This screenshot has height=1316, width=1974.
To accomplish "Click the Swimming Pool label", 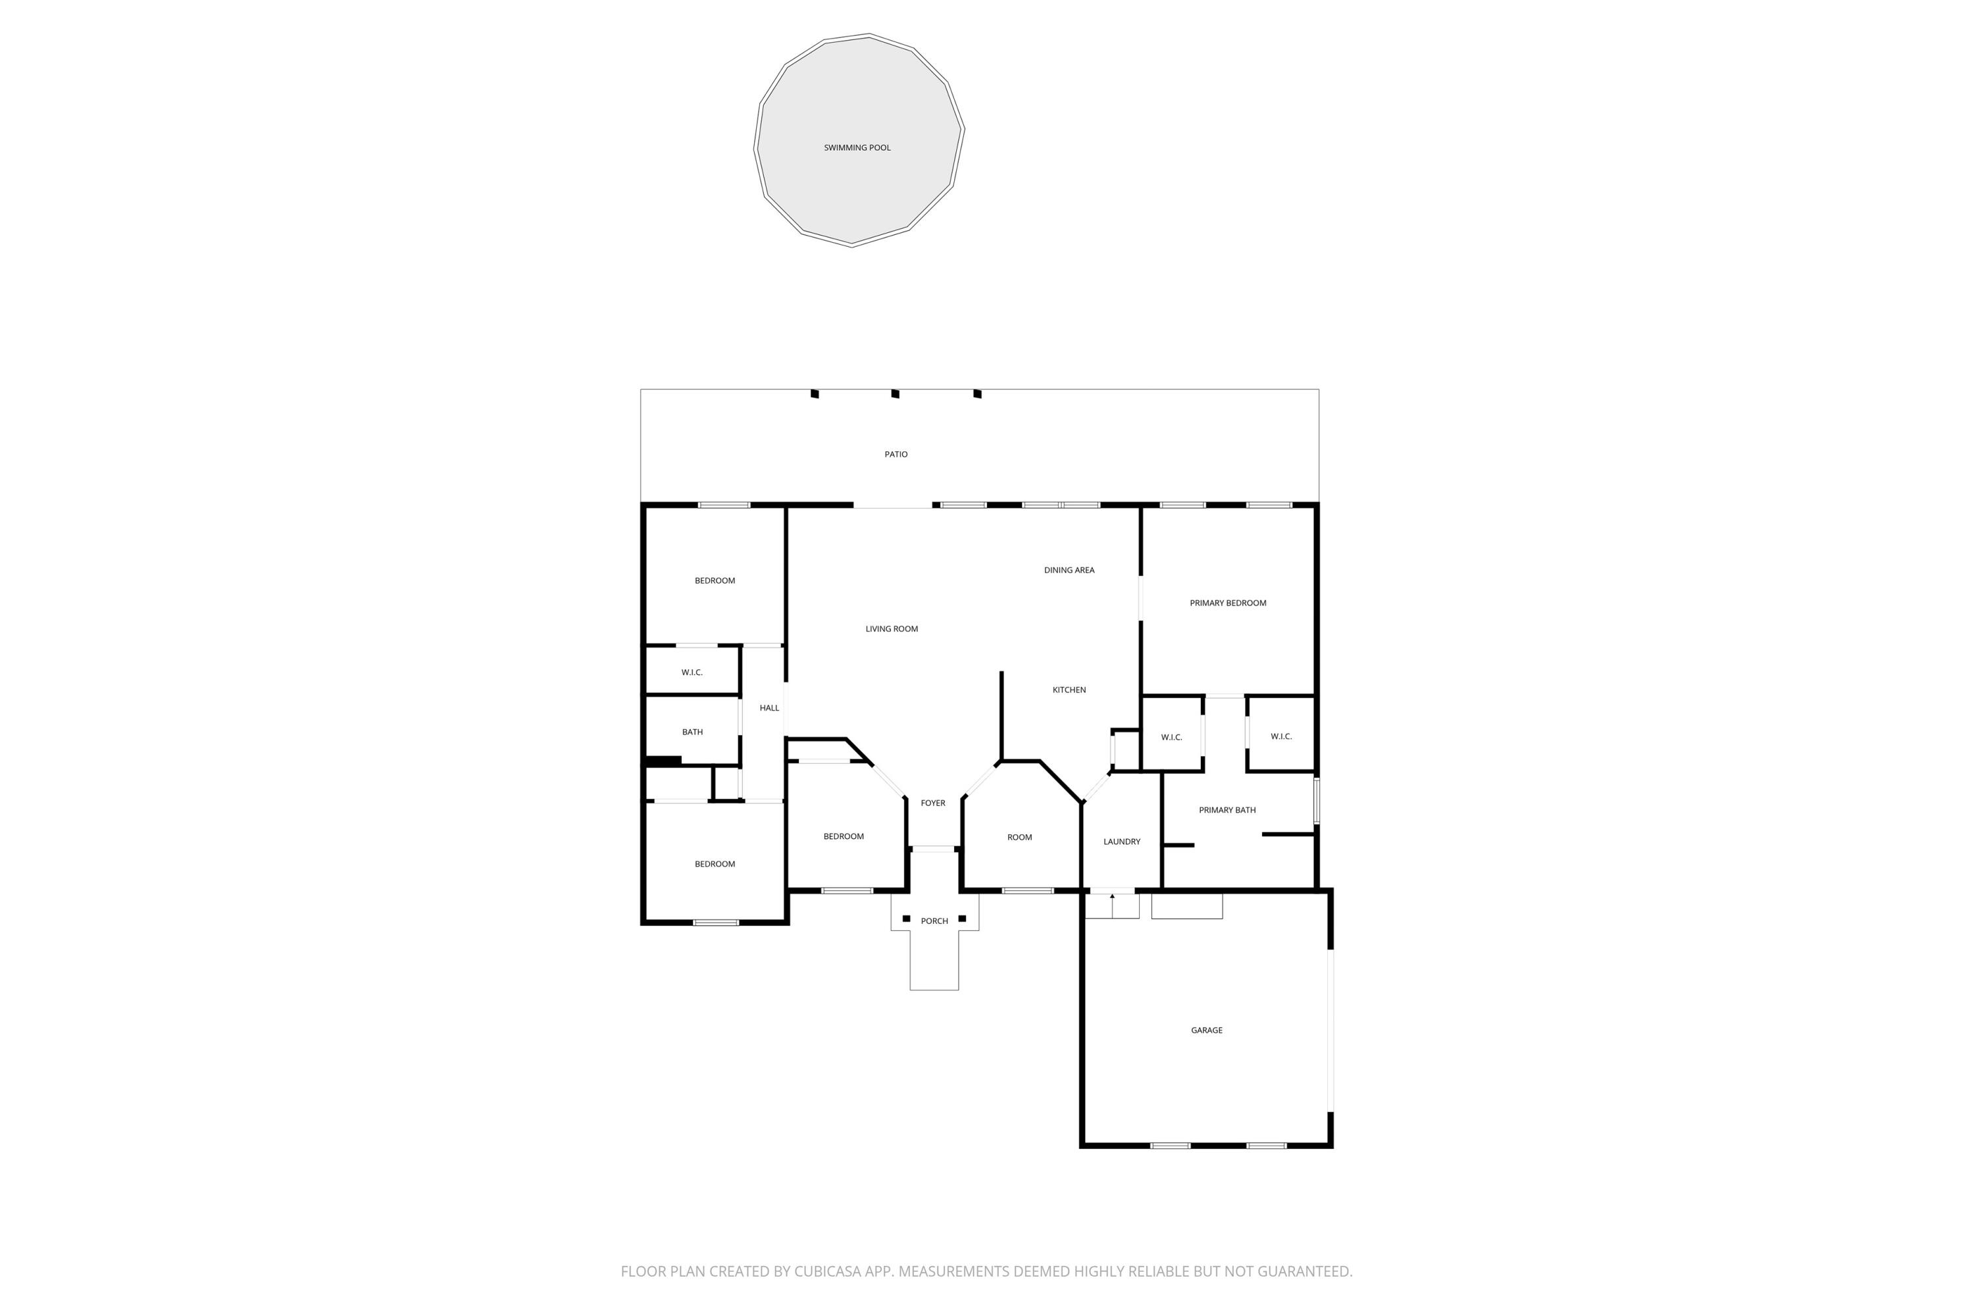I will point(857,147).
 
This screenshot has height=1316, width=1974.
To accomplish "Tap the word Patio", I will point(896,454).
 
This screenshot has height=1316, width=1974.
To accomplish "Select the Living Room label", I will point(892,628).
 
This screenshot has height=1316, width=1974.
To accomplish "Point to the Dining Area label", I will point(1069,570).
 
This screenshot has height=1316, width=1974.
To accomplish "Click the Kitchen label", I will point(1069,690).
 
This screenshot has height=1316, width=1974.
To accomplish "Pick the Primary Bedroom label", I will point(1227,603).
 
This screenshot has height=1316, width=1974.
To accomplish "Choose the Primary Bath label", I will point(1227,810).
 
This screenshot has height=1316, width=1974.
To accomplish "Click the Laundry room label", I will point(1121,842).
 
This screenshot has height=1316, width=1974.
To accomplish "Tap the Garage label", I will point(1206,1030).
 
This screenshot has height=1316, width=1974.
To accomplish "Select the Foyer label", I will point(932,803).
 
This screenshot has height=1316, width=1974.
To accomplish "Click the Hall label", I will point(769,707).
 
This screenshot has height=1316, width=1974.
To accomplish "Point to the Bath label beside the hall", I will point(692,732).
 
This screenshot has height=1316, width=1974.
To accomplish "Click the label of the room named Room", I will point(1019,837).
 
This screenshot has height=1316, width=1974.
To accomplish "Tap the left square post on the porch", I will point(905,918).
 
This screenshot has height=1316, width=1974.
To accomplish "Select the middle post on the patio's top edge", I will point(896,393).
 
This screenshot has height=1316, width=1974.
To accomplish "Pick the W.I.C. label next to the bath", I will point(692,672).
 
